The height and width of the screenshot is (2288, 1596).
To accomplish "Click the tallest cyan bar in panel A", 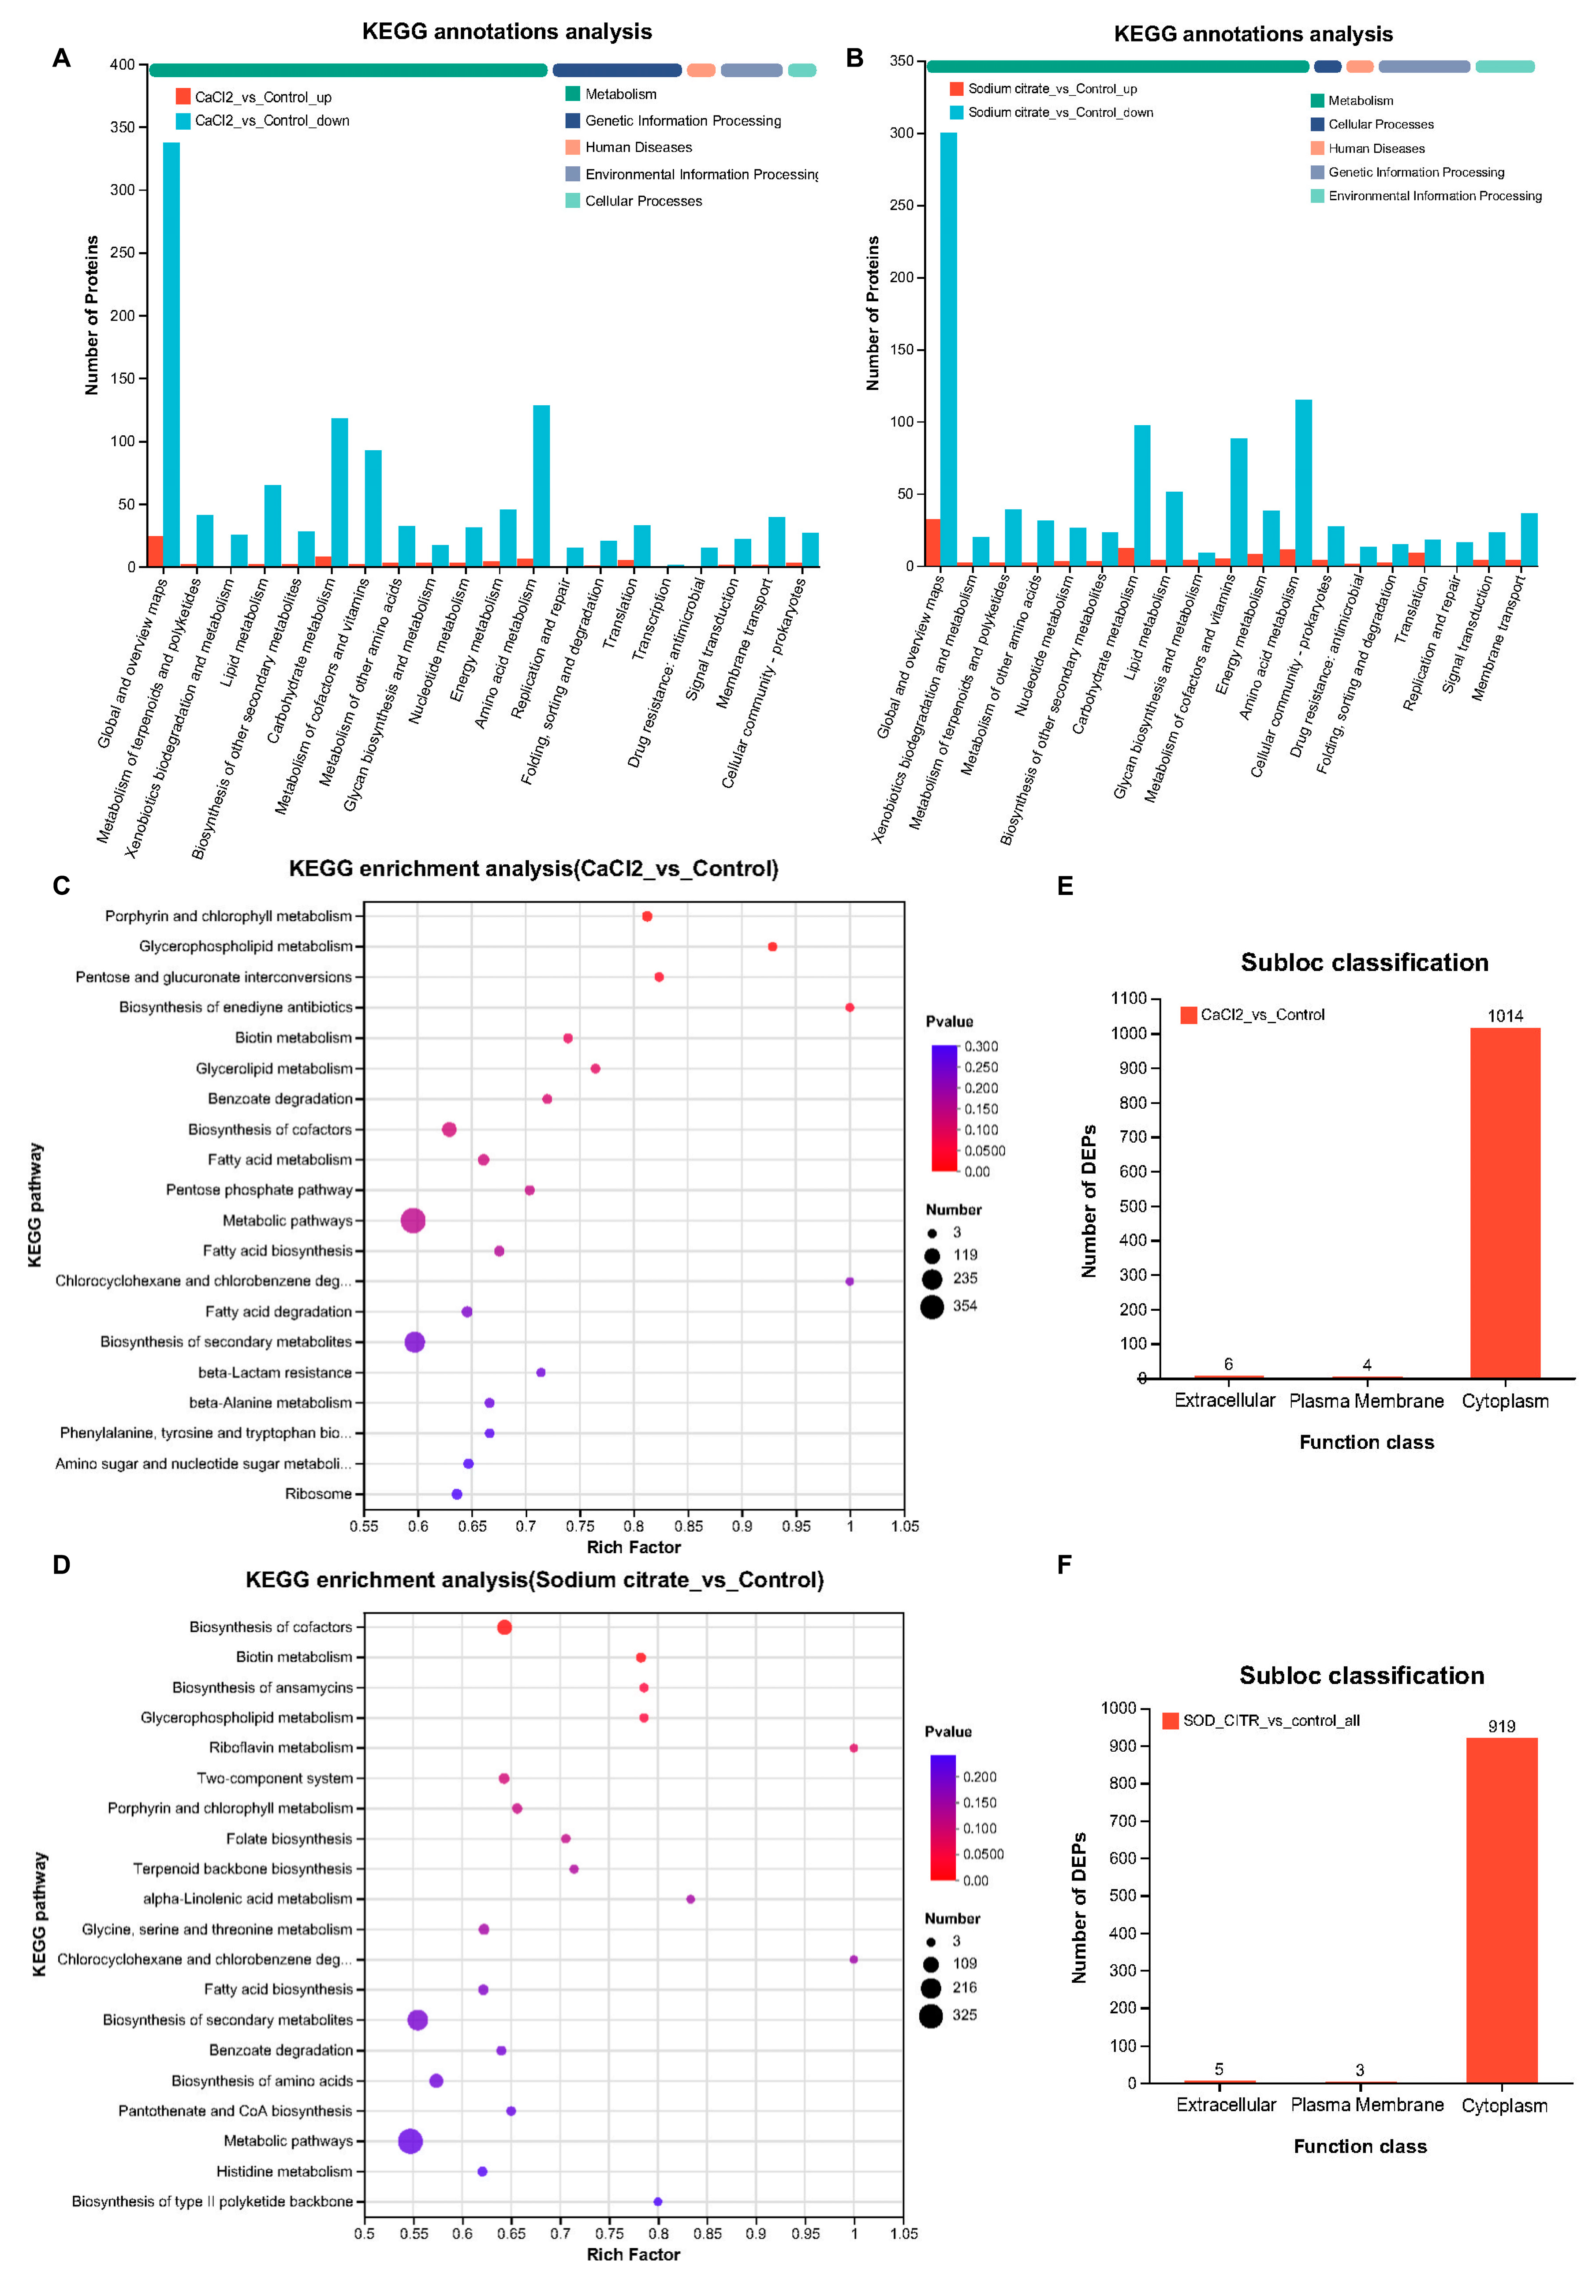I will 172,354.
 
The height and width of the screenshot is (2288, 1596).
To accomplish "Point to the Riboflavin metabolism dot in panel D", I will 854,1748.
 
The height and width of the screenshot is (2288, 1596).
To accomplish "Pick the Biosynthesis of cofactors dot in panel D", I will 504,1627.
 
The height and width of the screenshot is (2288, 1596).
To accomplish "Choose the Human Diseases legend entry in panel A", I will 638,147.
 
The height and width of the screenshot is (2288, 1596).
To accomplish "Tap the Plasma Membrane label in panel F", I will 1367,2105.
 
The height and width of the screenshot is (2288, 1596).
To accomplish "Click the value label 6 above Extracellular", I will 1228,1364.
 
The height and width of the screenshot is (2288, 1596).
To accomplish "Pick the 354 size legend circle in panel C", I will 932,1306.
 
